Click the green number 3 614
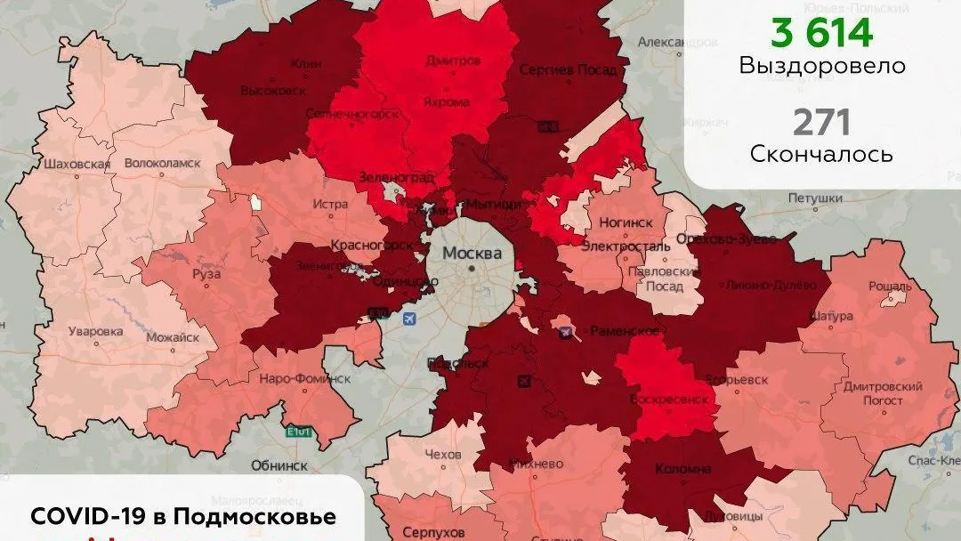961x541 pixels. (821, 33)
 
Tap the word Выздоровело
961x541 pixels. (821, 67)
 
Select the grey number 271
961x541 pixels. (821, 122)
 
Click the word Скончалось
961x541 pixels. (821, 154)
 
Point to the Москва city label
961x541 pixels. (472, 253)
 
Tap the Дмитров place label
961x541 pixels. (453, 61)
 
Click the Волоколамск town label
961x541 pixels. (162, 164)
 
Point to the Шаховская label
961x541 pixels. (77, 164)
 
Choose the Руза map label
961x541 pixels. (206, 274)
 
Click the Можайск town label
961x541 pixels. (171, 337)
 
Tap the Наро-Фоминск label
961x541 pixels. (304, 378)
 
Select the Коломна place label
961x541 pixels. (682, 469)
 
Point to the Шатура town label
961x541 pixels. (831, 316)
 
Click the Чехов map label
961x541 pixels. (443, 455)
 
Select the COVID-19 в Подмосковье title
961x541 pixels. (183, 517)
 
